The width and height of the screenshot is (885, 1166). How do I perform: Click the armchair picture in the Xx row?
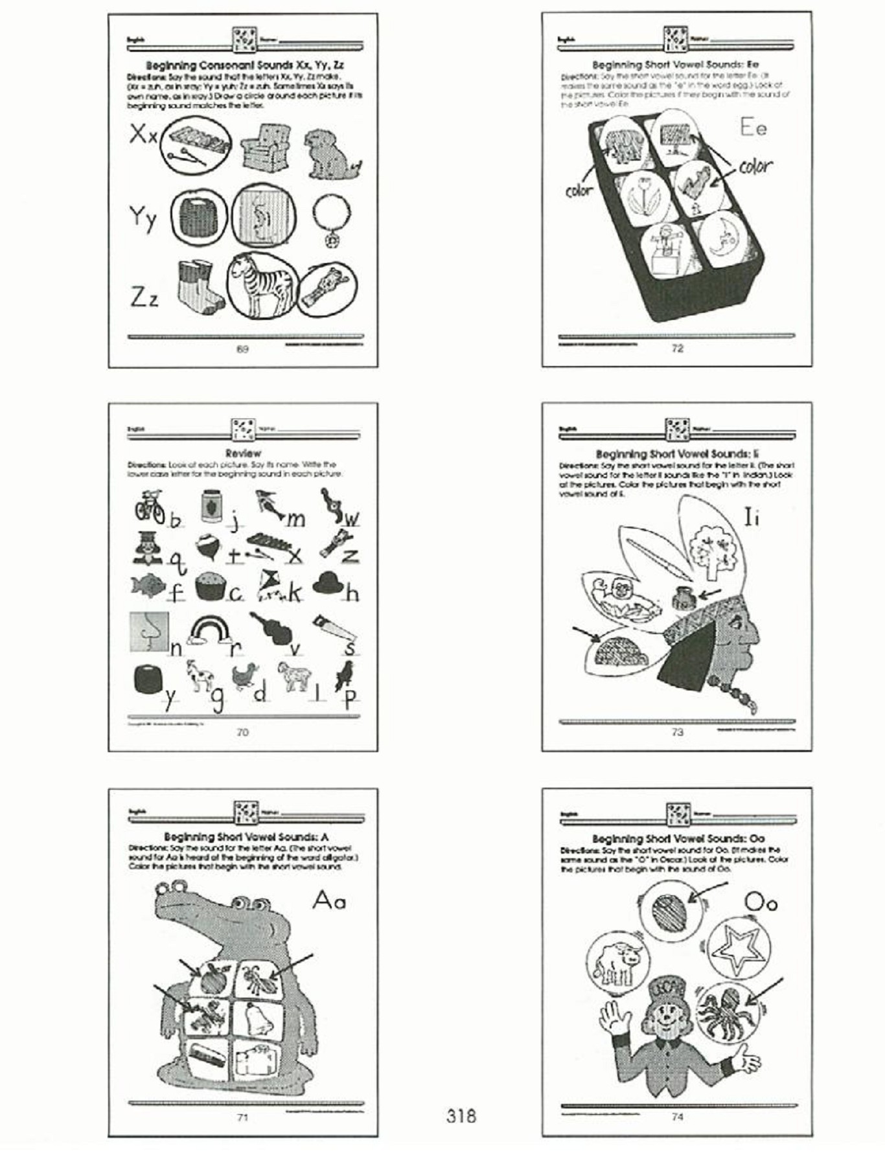click(266, 148)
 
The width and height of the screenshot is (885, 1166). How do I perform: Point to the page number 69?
click(242, 350)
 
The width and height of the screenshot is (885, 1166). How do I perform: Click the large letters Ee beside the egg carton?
click(753, 128)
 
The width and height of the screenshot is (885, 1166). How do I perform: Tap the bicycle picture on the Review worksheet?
click(150, 506)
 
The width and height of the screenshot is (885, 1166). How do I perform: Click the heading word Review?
click(243, 453)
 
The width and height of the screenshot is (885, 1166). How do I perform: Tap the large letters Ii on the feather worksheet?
click(752, 518)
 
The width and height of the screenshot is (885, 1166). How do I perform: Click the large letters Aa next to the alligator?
click(329, 900)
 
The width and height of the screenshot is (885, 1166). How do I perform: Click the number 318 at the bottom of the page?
click(461, 1115)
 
